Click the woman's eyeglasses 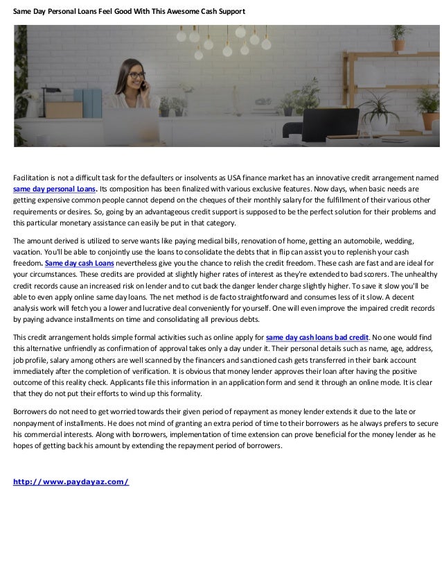pos(135,75)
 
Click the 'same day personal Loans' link pos(55,189)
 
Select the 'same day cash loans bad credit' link pos(317,338)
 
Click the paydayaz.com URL pos(71,481)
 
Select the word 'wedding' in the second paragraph pos(398,241)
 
